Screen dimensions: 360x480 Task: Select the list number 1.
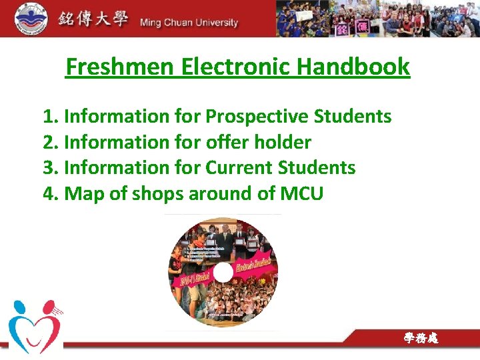[x=49, y=117]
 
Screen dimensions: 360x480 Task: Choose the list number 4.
[x=49, y=193]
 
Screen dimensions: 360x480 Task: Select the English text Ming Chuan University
[x=189, y=23]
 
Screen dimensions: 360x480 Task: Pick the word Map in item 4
[x=81, y=193]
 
